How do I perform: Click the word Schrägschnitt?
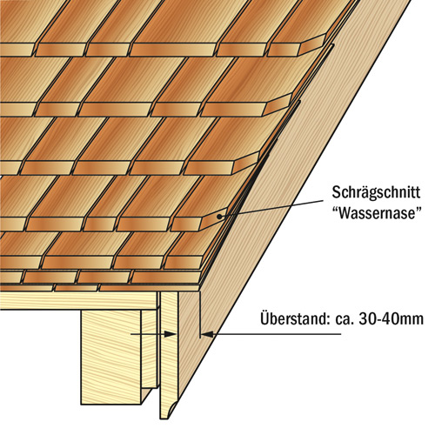376,193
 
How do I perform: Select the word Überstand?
293,318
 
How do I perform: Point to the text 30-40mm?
391,319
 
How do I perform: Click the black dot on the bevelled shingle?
219,217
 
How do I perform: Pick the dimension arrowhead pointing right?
170,334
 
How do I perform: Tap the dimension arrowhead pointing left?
207,334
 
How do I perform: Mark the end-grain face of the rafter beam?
110,357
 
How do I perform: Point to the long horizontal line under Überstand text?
274,334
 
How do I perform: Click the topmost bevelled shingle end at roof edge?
314,44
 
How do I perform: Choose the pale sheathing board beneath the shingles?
78,300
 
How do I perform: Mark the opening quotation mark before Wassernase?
336,210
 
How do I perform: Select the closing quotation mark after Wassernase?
418,210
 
